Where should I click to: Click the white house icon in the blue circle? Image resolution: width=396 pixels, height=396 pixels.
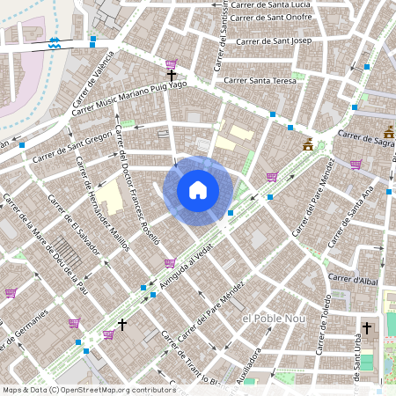[x=198, y=189]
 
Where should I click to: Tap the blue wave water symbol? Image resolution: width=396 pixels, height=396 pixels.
[x=55, y=42]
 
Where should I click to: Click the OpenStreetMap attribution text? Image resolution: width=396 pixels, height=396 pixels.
[x=88, y=390]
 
